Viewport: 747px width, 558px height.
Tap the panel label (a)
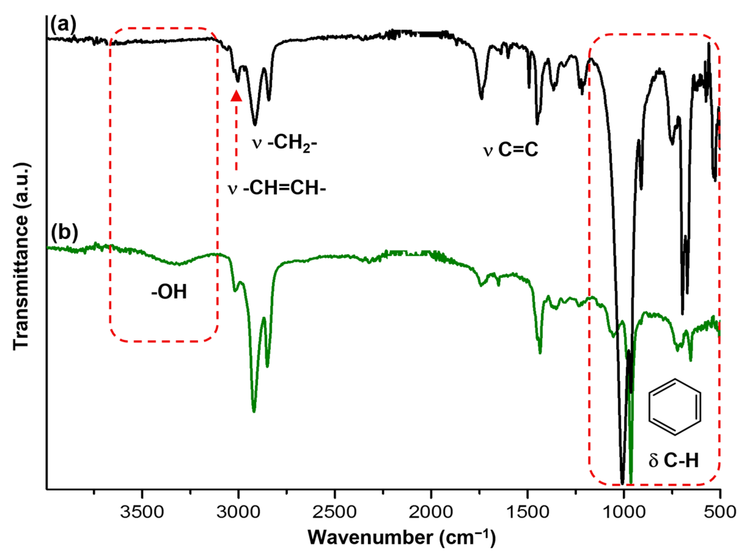[63, 25]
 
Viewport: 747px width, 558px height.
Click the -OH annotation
[169, 292]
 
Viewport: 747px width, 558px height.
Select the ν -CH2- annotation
[285, 143]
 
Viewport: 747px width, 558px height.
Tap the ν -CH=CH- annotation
[277, 188]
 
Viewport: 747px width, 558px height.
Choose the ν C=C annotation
[511, 150]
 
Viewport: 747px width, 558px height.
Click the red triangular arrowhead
[236, 96]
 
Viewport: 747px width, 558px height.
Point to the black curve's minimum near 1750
[482, 98]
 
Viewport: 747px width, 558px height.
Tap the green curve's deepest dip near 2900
[254, 411]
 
